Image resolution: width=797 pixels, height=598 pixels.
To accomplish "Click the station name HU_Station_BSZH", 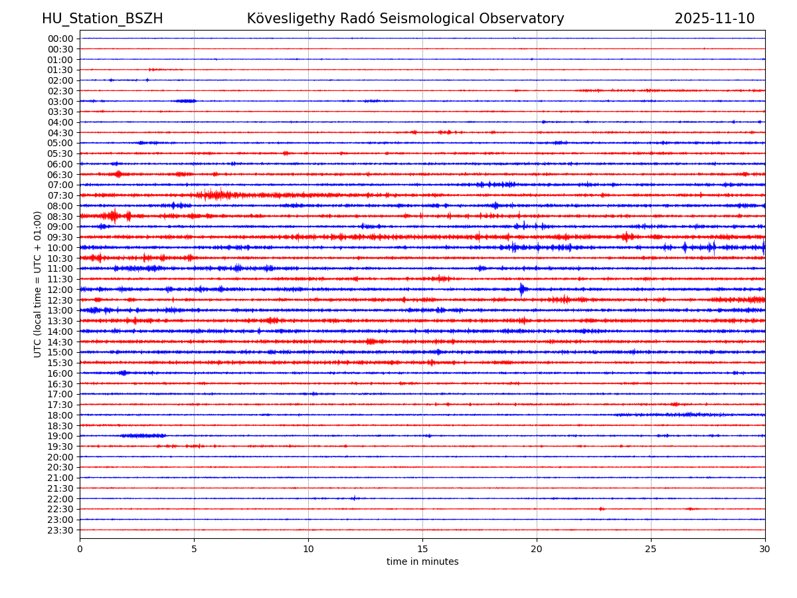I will [x=102, y=19].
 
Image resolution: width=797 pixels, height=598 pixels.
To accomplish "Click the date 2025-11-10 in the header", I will [x=714, y=19].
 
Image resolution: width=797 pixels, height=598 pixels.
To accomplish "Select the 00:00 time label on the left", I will [x=60, y=39].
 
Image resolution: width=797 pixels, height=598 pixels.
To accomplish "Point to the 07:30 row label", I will [x=60, y=195].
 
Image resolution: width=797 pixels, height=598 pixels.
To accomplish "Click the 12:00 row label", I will [x=60, y=290].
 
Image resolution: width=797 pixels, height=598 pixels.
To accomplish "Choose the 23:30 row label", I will [x=60, y=530].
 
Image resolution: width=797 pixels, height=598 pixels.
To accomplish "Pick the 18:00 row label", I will [x=60, y=415].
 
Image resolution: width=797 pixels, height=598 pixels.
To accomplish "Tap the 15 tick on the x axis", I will [x=422, y=549].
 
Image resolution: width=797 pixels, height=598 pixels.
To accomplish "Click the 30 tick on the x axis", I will [x=764, y=549].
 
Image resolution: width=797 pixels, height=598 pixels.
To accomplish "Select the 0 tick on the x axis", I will [x=80, y=549].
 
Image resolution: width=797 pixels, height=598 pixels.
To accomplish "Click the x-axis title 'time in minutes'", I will [x=422, y=562].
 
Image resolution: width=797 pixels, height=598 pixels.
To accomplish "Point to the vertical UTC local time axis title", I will [x=38, y=284].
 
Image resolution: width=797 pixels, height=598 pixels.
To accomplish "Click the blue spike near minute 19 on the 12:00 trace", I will [x=521, y=289].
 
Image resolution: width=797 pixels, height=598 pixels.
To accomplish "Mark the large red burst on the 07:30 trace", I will [x=216, y=195].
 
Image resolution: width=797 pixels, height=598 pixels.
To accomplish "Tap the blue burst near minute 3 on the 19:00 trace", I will [x=143, y=436].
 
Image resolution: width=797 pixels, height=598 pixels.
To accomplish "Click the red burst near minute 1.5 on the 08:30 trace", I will [x=114, y=216].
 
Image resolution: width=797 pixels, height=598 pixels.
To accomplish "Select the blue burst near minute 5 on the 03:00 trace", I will [x=185, y=101].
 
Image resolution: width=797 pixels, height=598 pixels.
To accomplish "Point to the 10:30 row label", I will [x=60, y=258].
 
